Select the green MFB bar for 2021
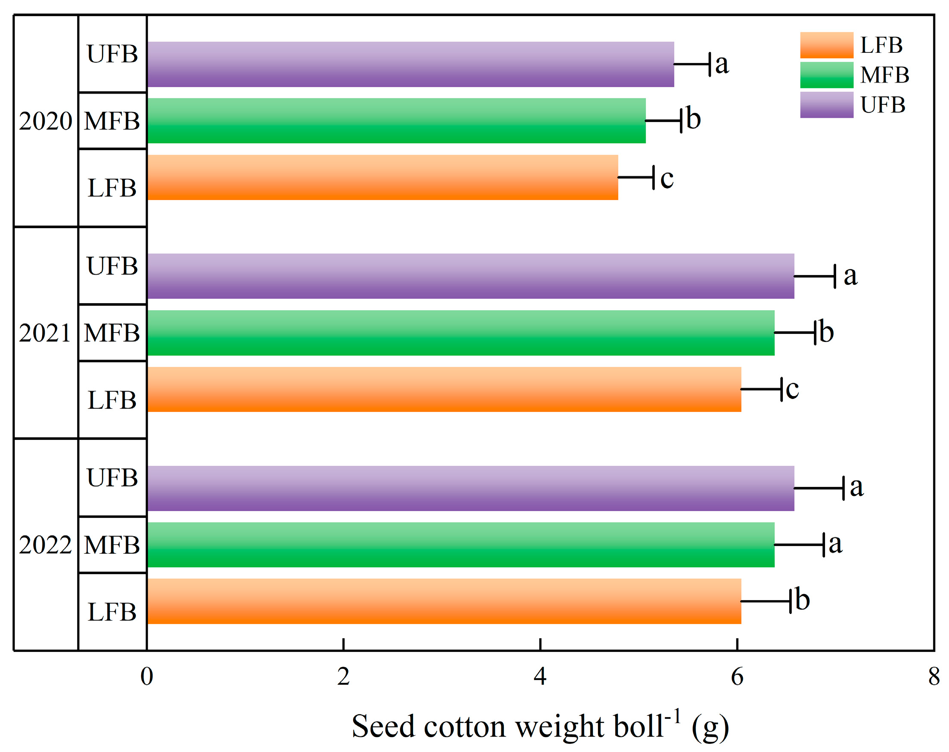(460, 333)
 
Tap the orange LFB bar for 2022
(443, 602)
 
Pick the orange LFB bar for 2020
(382, 177)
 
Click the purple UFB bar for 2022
(470, 488)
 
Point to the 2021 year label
(45, 333)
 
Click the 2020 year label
(45, 121)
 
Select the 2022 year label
(45, 545)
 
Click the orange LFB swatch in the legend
(826, 45)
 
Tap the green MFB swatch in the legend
(826, 75)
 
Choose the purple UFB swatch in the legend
(826, 105)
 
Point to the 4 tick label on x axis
(540, 677)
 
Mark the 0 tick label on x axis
(147, 677)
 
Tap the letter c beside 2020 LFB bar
(667, 179)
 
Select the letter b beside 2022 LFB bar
(802, 600)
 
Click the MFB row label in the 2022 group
(112, 545)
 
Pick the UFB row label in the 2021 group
(112, 266)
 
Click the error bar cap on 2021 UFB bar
(834, 277)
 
